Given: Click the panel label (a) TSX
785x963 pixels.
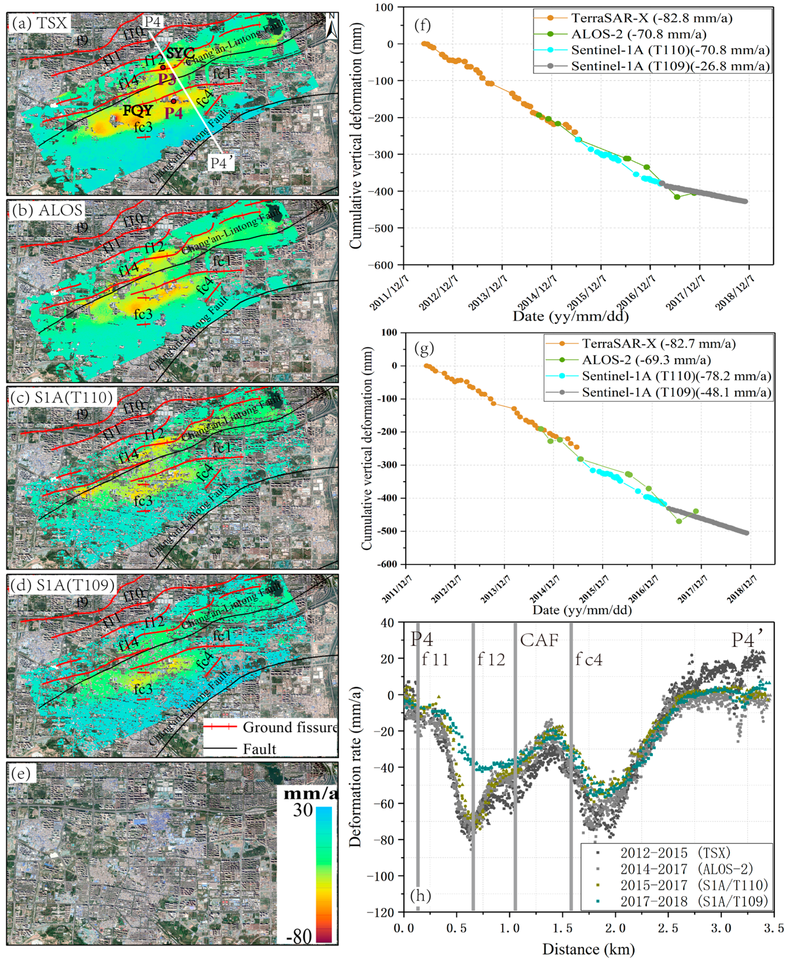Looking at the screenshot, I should point(40,23).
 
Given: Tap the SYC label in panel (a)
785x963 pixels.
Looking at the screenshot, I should point(180,53).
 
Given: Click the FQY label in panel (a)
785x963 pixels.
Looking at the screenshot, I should point(138,110).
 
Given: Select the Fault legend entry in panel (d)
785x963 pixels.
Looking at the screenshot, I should point(260,749).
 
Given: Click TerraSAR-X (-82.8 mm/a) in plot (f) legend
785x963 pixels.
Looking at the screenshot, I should point(651,18).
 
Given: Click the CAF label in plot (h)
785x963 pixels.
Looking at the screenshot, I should point(539,640).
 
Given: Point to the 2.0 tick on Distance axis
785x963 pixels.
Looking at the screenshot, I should point(615,929).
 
